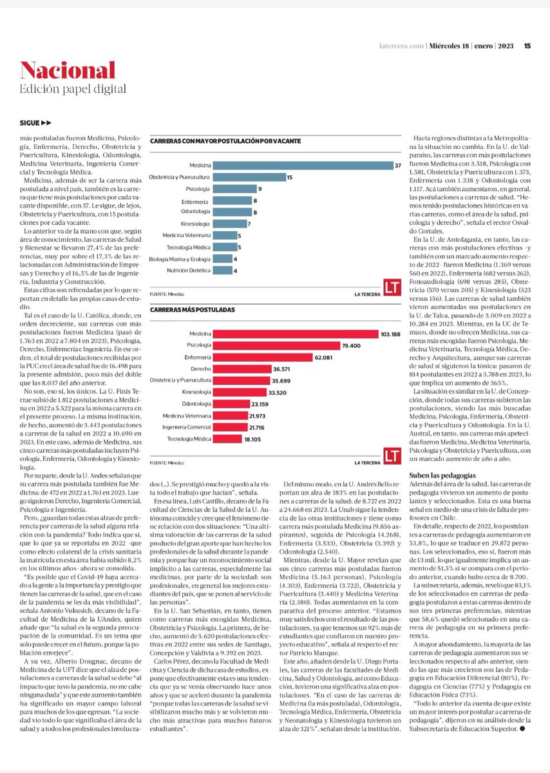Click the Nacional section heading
[x=68, y=70]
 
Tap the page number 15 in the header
[x=527, y=45]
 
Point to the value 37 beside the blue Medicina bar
[x=398, y=166]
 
